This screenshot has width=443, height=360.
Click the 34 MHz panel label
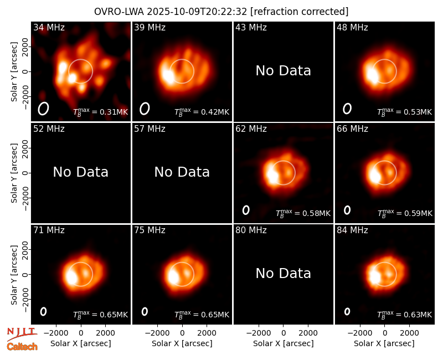point(49,27)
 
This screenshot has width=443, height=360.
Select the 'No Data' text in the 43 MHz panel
point(284,71)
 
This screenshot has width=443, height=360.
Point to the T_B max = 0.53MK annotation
point(405,112)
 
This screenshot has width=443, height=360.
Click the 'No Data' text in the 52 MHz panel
point(81,172)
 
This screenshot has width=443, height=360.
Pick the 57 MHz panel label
point(150,129)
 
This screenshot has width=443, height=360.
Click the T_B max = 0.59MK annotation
point(405,213)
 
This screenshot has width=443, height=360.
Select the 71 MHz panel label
point(49,230)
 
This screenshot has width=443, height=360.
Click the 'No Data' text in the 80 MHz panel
point(284,273)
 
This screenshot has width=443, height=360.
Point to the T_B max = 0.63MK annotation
point(405,315)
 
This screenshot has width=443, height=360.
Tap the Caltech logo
point(22,347)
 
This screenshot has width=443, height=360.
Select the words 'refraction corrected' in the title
point(299,12)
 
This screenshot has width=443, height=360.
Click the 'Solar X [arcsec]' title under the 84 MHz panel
point(384,343)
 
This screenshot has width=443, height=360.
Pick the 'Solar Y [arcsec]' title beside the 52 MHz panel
point(14,173)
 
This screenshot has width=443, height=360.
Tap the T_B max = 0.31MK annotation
point(101,112)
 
